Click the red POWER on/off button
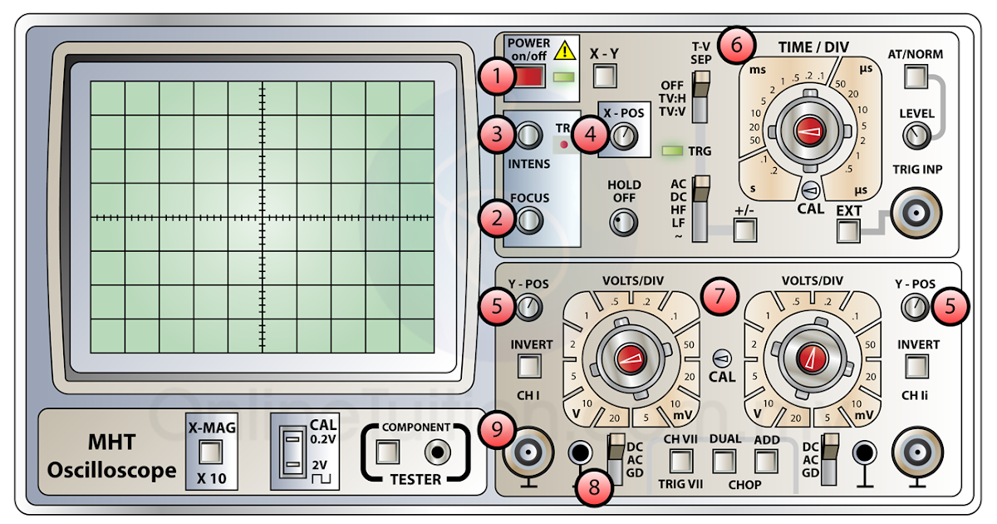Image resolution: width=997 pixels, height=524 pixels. tap(529, 78)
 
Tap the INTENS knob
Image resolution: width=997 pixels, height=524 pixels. tap(528, 135)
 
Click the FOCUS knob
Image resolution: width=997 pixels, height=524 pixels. tap(528, 220)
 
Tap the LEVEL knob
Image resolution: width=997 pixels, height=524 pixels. tap(917, 134)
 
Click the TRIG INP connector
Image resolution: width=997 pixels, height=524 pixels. tap(917, 210)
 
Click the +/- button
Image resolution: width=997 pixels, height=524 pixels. tap(744, 233)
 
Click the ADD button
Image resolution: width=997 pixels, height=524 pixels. tap(765, 461)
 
